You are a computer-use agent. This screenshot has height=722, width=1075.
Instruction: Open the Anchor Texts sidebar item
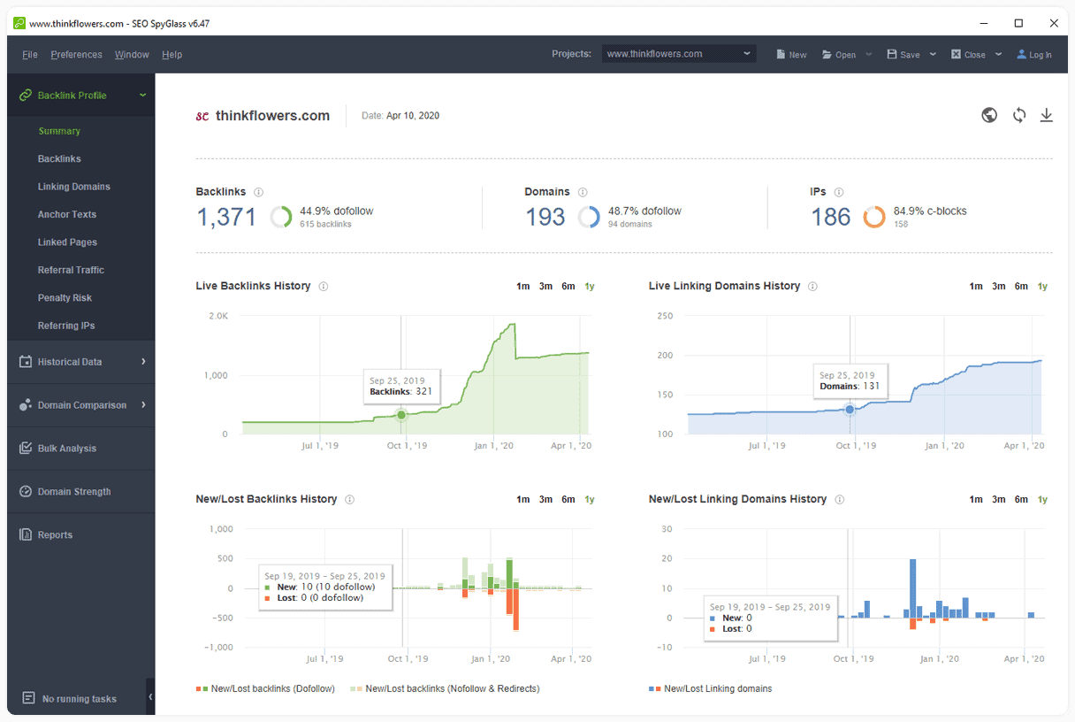tap(66, 214)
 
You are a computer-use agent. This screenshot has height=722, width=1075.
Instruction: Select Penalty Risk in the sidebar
tap(65, 298)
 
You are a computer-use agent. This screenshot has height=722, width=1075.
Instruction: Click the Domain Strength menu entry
tap(74, 491)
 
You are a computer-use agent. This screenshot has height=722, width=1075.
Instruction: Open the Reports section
tap(55, 534)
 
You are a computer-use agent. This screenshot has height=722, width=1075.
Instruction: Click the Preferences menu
tap(76, 55)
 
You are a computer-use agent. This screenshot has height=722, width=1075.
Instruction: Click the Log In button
tap(1034, 55)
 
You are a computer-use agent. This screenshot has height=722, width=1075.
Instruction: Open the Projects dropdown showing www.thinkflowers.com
tap(679, 54)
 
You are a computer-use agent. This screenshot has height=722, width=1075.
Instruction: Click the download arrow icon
tap(1046, 115)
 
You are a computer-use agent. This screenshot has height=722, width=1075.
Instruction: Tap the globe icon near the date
tap(989, 115)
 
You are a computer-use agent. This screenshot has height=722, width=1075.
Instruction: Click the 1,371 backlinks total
tap(226, 217)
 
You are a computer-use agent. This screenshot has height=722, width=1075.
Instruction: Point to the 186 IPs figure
tap(830, 217)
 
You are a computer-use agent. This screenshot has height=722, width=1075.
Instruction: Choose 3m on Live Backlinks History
tap(545, 287)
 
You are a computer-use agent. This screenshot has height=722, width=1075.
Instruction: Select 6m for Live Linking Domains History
tap(1021, 287)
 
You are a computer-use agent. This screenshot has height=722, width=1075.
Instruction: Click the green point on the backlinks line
tap(401, 415)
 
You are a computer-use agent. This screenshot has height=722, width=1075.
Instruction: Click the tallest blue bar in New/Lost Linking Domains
tap(913, 588)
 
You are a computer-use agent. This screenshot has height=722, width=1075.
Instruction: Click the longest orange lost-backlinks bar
tap(516, 609)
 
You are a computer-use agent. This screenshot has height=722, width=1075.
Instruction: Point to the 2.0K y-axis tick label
tap(218, 316)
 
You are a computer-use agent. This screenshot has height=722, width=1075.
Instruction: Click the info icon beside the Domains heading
tap(583, 192)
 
